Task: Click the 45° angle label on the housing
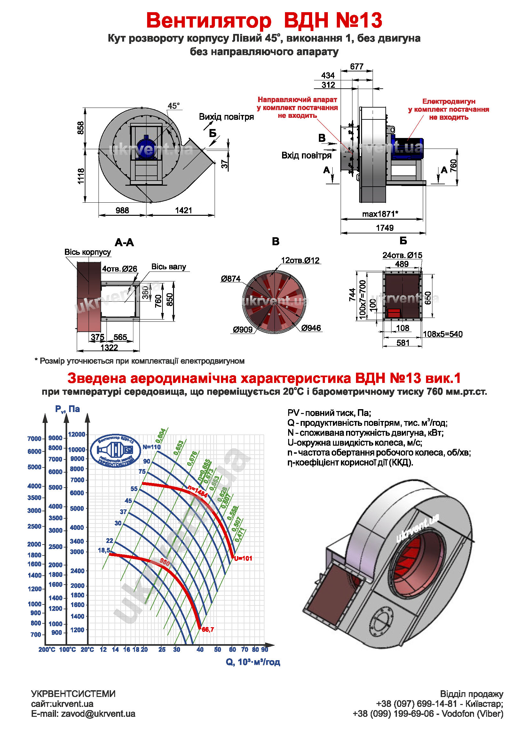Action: [x=174, y=106]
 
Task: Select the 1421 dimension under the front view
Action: [x=184, y=211]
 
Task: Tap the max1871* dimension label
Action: [x=380, y=214]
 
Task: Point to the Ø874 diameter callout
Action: [x=231, y=279]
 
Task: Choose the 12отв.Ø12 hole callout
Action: [x=300, y=261]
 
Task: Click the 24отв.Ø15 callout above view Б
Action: [x=402, y=255]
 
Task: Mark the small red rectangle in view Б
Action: [x=394, y=313]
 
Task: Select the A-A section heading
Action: [x=124, y=242]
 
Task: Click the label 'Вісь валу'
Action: [x=169, y=267]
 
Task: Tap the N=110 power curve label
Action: [x=152, y=447]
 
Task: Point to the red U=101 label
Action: [x=243, y=558]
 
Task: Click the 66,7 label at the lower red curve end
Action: [x=208, y=629]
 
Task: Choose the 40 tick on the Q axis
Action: [x=200, y=650]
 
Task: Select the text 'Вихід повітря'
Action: [x=226, y=117]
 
